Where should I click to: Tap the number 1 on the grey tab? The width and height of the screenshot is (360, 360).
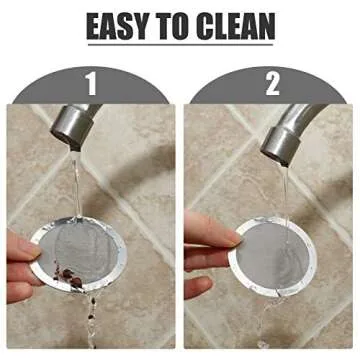[x=92, y=84]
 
